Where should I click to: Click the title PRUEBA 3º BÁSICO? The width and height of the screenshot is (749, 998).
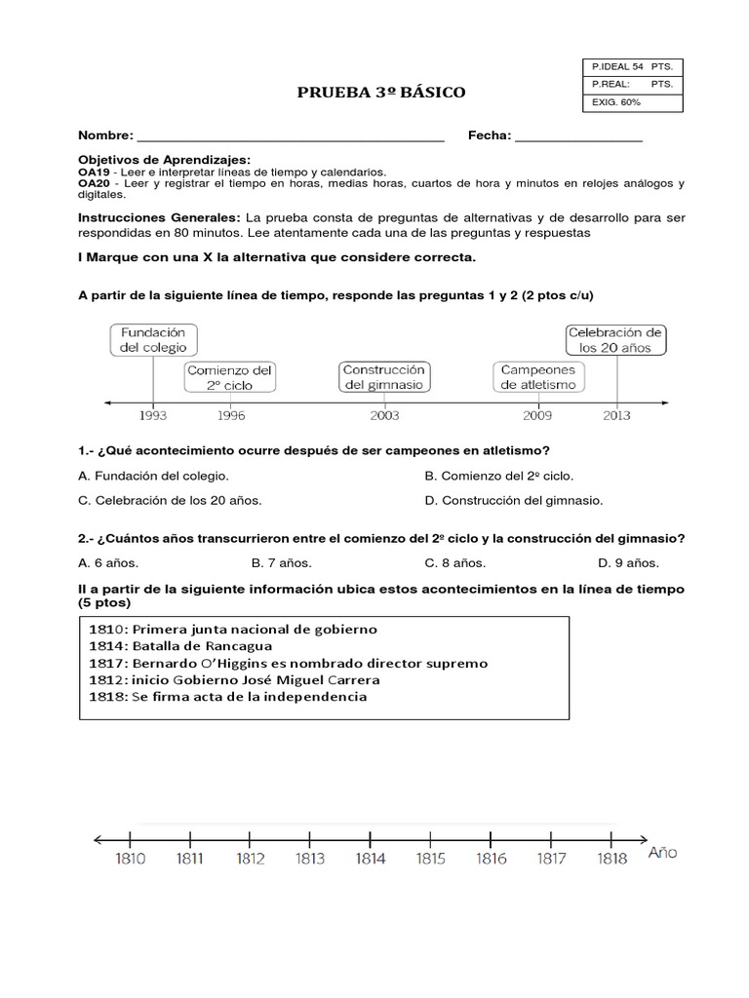coord(381,93)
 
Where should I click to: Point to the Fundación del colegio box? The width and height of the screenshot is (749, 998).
coord(153,339)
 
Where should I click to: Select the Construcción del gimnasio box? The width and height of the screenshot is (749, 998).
coord(384,376)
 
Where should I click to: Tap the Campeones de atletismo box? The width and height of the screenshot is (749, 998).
coord(537,376)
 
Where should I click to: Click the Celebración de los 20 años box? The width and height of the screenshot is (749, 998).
coord(615,339)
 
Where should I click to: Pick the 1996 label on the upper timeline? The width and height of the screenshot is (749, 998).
coord(231,415)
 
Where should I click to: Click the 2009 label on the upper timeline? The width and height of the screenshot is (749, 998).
coord(537,415)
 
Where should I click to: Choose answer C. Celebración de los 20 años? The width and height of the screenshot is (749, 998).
coord(170,500)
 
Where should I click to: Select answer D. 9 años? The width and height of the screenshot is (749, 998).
coord(628,562)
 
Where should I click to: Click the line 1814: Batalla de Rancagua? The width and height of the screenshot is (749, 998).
coord(179,645)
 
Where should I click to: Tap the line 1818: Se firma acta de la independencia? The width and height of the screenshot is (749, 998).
coord(227,696)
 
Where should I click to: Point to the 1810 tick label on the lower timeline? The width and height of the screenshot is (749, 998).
coord(131,859)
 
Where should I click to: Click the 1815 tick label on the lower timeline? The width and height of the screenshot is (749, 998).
coord(430,859)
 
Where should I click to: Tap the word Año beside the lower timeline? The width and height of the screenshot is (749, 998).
coord(663,852)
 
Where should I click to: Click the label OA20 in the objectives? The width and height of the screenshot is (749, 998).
coord(94,182)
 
